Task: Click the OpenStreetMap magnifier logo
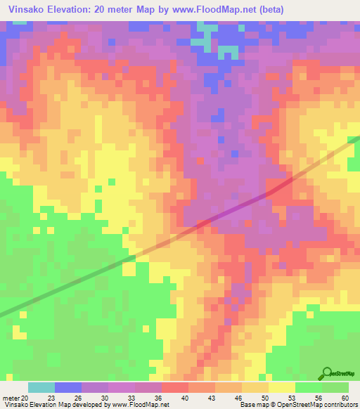(x=327, y=373)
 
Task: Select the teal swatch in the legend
(x=41, y=387)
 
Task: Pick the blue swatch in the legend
(x=68, y=387)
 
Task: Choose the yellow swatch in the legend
(x=282, y=387)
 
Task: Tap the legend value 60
(x=345, y=398)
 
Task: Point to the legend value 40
(x=186, y=398)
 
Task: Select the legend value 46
(x=239, y=398)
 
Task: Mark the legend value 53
(x=292, y=398)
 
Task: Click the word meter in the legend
(x=11, y=398)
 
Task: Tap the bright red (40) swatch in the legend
(x=175, y=387)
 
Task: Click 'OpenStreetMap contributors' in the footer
(x=315, y=405)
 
